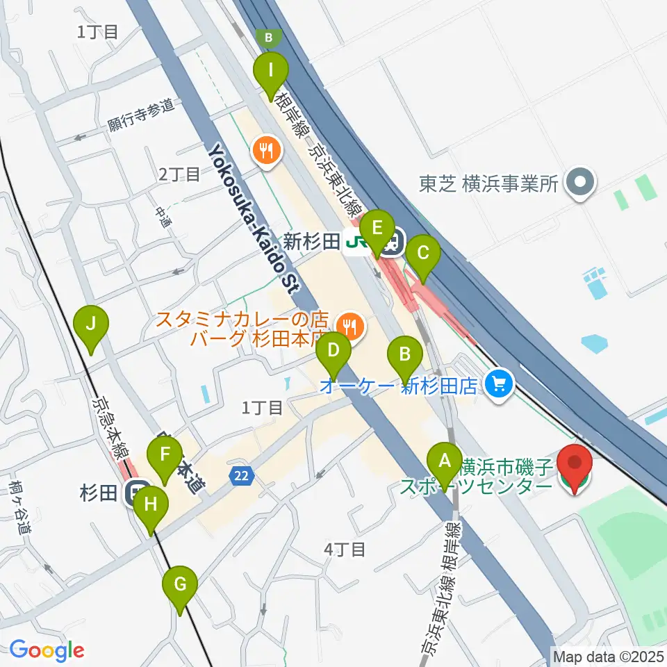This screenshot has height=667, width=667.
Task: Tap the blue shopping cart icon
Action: point(498,382)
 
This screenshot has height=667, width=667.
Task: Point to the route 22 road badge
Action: point(240,476)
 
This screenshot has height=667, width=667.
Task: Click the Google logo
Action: point(47,651)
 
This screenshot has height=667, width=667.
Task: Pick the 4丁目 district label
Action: point(345,550)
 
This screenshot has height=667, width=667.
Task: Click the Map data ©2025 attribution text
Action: point(607,655)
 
